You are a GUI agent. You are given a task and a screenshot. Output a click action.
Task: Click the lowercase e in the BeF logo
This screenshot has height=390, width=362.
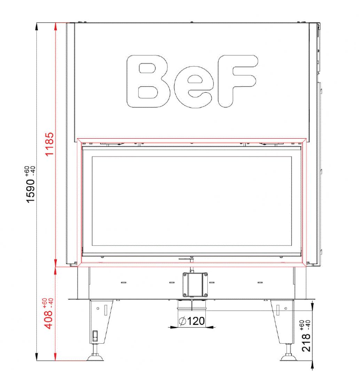194,87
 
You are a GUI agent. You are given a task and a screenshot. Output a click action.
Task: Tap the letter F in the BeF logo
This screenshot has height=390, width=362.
237,81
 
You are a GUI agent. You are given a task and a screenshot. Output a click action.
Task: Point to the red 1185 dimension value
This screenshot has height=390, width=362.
49,144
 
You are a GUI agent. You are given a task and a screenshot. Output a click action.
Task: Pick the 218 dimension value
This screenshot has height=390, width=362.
306,343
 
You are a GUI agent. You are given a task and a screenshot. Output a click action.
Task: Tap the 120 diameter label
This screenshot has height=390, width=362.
196,321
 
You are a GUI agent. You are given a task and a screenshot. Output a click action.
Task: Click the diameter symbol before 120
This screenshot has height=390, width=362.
182,321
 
